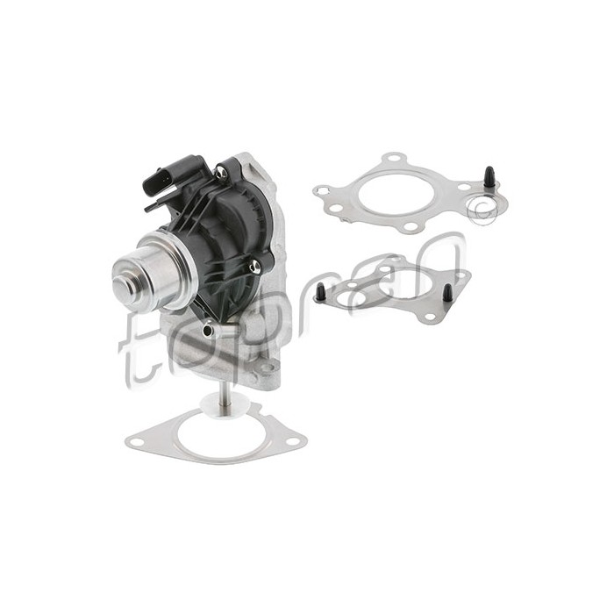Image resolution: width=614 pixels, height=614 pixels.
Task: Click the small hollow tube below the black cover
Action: tap(209, 331)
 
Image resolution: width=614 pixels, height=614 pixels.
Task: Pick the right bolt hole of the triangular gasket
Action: tap(291, 442)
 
